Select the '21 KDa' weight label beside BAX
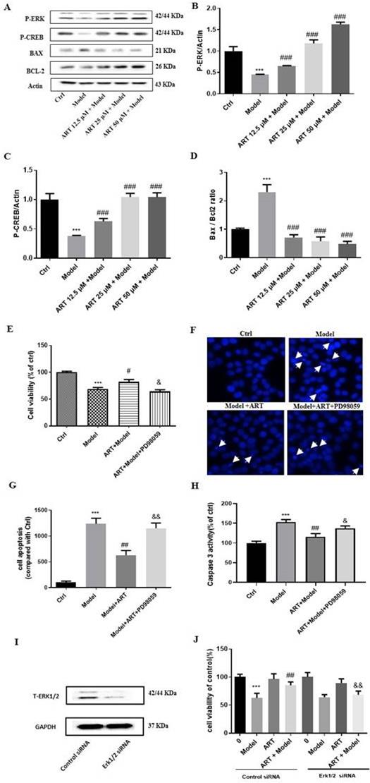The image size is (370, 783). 167,51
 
